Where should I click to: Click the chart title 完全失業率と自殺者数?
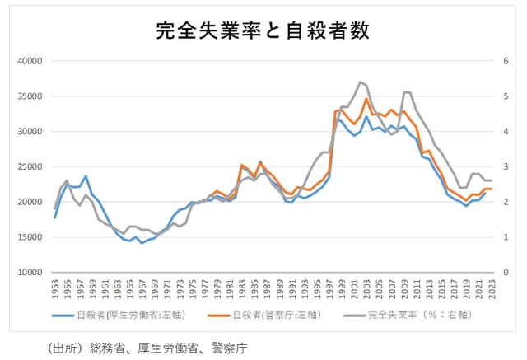(x=263, y=30)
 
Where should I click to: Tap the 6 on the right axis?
(x=505, y=61)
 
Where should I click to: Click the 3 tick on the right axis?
(x=505, y=166)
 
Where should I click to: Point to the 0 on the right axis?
(x=505, y=272)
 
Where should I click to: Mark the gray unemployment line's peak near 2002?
(x=361, y=82)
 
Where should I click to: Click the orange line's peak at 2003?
(x=366, y=99)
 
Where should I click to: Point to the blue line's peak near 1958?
(x=86, y=175)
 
